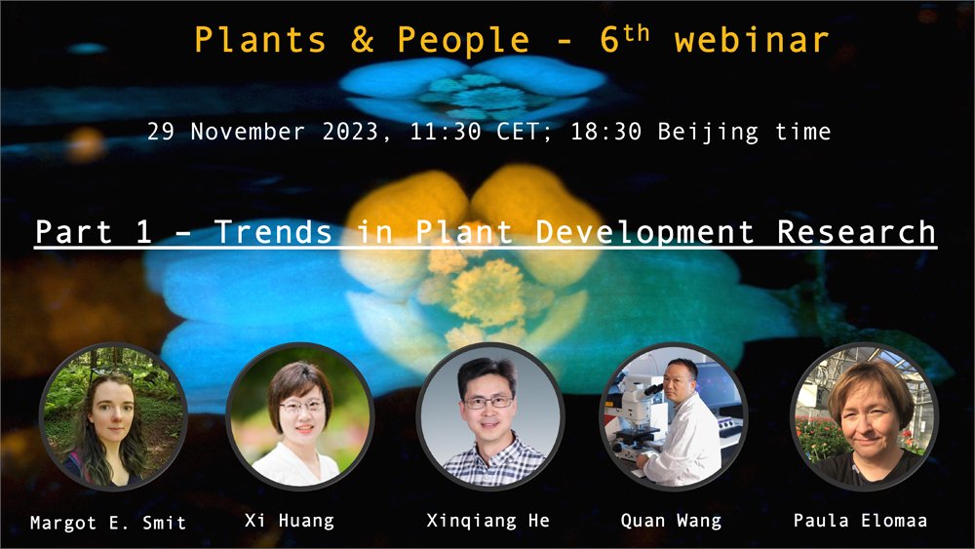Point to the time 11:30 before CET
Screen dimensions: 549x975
click(x=440, y=132)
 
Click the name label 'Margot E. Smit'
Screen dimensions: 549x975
click(x=108, y=523)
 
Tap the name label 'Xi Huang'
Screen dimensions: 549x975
click(x=289, y=521)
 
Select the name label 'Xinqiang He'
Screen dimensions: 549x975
click(x=487, y=521)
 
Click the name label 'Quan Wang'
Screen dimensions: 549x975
click(x=671, y=521)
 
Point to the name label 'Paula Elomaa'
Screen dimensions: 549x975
click(x=861, y=521)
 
